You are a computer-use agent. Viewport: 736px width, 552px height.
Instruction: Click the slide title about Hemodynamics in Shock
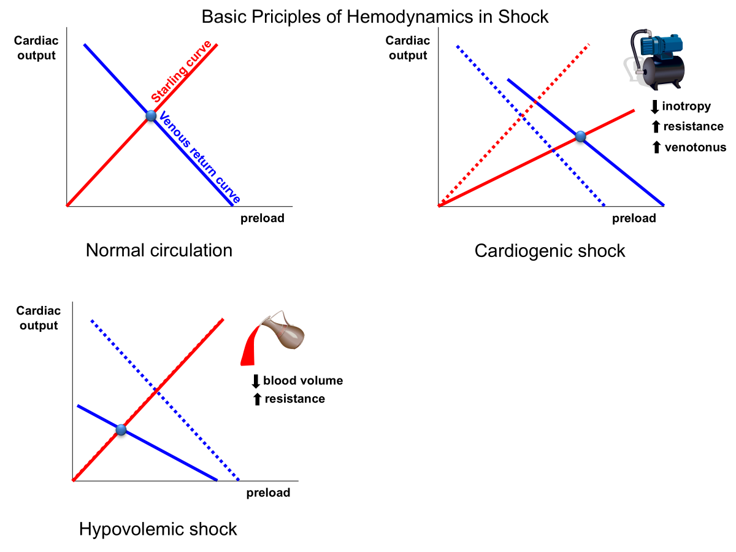coord(375,17)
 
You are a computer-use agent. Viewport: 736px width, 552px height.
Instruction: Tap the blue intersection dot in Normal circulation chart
coord(151,115)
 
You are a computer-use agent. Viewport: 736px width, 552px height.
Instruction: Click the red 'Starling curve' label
coord(182,71)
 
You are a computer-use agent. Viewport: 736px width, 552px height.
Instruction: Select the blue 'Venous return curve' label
coord(199,157)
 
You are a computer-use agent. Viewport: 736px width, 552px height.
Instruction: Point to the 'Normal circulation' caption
coord(159,250)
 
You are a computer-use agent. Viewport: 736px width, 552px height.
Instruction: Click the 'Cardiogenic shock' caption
coord(550,251)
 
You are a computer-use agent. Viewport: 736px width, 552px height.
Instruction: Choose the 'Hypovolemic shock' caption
coord(158,529)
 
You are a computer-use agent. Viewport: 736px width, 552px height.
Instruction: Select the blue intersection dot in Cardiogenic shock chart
coord(581,137)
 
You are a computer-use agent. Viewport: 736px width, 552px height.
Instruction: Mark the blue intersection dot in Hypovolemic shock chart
coord(121,430)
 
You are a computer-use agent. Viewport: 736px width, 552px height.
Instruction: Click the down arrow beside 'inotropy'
coord(654,107)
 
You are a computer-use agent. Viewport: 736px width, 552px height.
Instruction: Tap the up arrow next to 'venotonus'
coord(656,147)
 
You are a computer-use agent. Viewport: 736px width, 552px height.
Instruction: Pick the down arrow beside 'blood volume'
coord(256,381)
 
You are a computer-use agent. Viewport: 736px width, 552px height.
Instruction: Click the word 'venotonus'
coord(696,147)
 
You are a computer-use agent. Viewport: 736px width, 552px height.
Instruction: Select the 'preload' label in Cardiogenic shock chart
coord(634,218)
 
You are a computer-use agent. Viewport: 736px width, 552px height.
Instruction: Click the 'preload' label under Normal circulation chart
coord(262,218)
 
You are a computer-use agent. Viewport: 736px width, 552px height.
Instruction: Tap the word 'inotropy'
coord(686,106)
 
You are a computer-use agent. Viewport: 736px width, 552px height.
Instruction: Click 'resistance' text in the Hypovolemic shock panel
coord(294,399)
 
